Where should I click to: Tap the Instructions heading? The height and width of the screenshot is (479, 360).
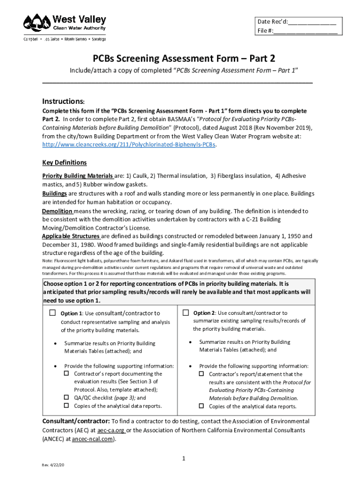point(63,102)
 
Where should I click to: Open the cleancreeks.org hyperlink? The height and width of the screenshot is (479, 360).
point(129,145)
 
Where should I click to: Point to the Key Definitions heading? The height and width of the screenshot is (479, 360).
point(65,162)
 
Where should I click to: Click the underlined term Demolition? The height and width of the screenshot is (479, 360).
point(57,211)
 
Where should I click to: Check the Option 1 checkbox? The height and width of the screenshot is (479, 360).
point(52,312)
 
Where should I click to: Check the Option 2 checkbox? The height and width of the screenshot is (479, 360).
point(186,312)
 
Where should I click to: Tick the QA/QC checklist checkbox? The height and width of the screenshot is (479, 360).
point(66,398)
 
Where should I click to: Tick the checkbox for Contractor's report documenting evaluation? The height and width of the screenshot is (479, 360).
point(66,373)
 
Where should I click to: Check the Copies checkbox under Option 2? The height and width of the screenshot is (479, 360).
point(202,406)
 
